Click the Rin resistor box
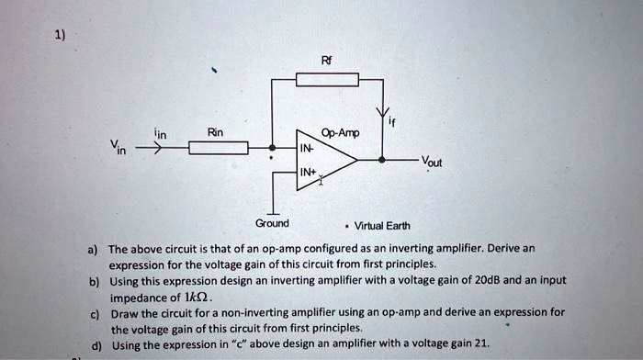218,148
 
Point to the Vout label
431,163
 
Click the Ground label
272,223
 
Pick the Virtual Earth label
382,226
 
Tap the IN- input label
305,148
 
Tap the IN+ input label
306,172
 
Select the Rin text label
216,132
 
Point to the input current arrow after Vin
151,147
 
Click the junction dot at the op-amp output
383,159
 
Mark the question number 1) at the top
59,35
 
